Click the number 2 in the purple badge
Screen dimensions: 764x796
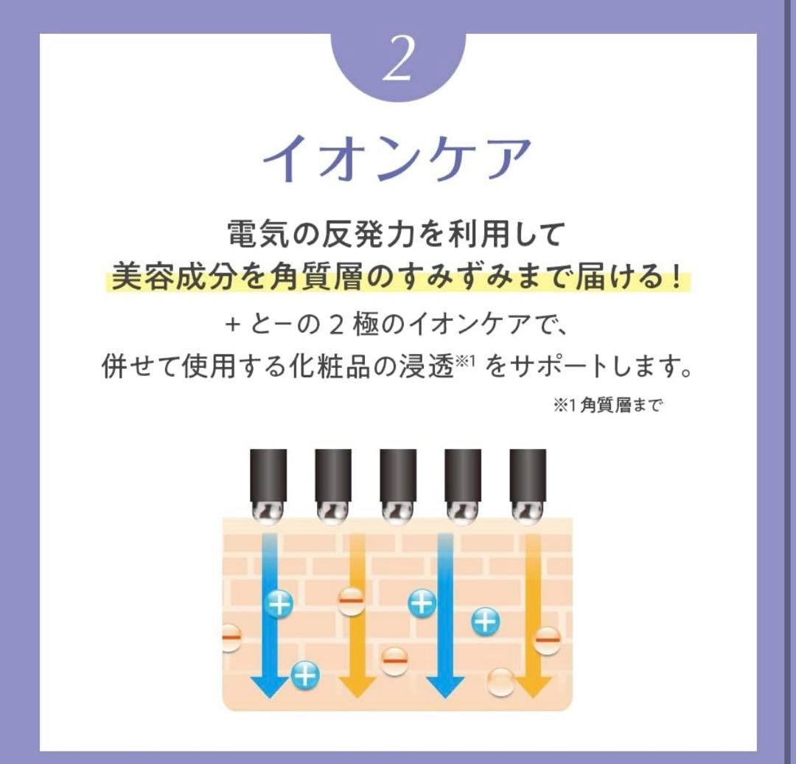398,63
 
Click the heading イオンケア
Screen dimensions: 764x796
397,159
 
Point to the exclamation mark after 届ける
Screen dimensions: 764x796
676,279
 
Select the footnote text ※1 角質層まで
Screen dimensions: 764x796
605,406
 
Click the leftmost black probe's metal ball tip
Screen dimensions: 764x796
269,509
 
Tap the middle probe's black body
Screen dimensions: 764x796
398,472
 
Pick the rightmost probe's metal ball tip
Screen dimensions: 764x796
528,509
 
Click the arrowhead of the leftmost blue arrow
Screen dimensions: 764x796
269,686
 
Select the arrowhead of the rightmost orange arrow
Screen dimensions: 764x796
533,686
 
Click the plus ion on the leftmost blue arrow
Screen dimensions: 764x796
279,605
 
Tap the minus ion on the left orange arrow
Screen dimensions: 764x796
352,602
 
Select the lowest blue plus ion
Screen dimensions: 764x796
305,674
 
